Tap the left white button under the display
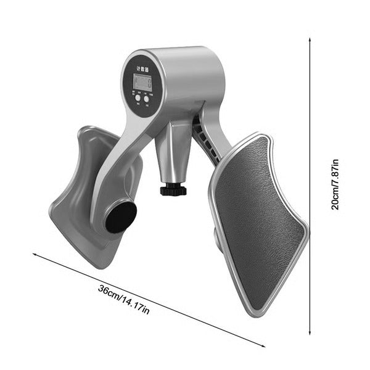coord(137,98)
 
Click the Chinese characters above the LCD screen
coord(142,69)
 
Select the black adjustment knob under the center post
coord(173,189)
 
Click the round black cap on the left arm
coord(120,217)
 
